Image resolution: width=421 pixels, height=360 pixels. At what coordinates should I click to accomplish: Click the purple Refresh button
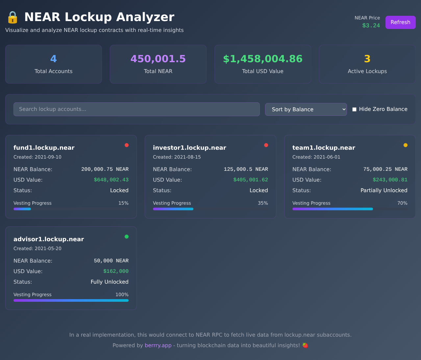coord(400,22)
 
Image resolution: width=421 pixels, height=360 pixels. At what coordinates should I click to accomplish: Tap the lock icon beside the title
coord(12,17)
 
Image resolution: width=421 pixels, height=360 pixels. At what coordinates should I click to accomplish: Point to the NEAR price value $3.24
coord(371,26)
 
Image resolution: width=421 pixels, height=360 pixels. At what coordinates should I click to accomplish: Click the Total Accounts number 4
coord(54,59)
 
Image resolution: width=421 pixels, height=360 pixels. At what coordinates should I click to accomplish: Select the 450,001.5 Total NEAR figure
coord(158,59)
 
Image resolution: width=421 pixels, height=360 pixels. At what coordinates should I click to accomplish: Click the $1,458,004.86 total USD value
coord(262,59)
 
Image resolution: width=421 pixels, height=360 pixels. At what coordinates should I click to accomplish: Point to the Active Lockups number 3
coord(367,59)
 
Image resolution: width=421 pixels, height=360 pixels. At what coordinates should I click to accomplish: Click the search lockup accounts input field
coord(136,109)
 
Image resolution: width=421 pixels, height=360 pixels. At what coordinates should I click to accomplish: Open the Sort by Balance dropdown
coord(306,109)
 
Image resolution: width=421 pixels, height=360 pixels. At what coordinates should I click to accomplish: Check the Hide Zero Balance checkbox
coord(355,109)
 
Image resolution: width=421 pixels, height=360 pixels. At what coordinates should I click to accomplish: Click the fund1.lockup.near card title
coord(44,148)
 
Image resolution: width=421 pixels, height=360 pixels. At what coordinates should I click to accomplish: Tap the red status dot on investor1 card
coord(266,145)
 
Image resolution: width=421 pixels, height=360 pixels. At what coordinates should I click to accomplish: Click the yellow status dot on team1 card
coord(406,145)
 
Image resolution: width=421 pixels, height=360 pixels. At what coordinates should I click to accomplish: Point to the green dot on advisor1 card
coord(127,237)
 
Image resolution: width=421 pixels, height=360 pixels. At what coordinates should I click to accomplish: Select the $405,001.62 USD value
coord(251,180)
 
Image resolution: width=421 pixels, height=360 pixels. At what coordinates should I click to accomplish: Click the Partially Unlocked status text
coord(384,191)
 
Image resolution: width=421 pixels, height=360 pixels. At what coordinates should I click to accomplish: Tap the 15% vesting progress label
coord(123,203)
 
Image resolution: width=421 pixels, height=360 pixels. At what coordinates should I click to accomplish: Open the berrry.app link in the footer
coord(158,346)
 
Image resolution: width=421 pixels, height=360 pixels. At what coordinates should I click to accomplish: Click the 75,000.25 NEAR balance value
coord(385,169)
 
